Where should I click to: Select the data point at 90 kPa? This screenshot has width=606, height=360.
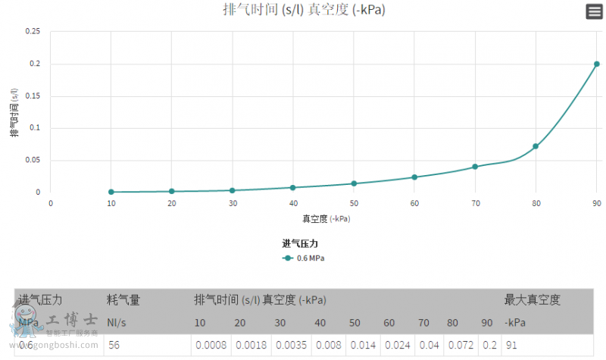597,64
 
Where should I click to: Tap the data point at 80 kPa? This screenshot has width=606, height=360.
536,146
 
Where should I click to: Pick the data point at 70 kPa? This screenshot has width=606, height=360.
475,167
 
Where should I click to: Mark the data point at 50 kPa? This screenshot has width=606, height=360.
354,183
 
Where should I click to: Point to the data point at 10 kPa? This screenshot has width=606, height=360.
111,192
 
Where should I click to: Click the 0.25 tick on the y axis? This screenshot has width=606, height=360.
33,31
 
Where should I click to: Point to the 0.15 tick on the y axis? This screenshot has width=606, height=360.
33,95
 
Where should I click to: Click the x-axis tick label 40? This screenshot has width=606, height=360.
293,203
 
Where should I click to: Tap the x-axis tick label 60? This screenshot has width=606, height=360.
414,203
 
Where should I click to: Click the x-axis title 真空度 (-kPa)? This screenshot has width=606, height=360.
326,218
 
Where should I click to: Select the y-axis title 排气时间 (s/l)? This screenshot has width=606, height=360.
14,111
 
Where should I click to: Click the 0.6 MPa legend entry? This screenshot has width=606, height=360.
306,258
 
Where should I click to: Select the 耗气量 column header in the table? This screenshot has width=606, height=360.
123,300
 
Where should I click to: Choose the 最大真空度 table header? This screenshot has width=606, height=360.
533,300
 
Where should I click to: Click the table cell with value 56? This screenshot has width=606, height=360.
114,345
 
